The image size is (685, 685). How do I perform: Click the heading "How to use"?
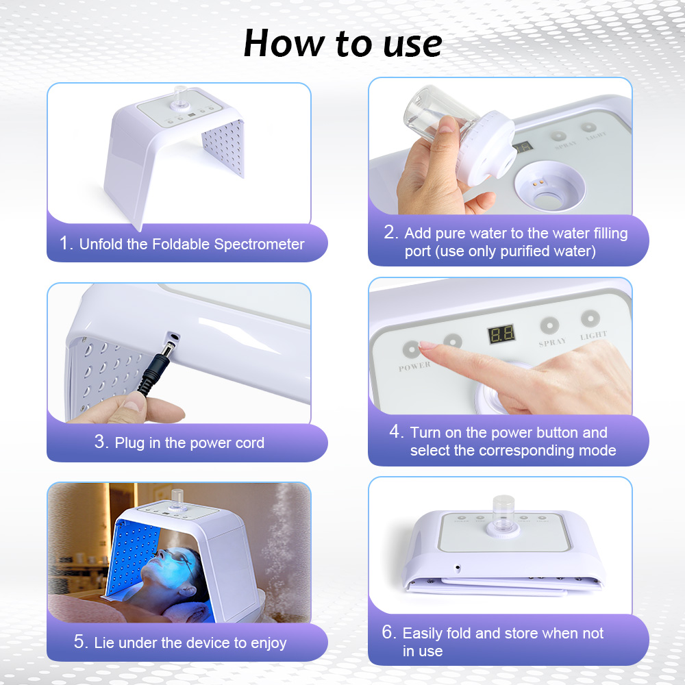coord(343,43)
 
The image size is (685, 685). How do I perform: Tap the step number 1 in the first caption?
coord(64,243)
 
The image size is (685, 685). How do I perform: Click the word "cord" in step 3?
coord(250,443)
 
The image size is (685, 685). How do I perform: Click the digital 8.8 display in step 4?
coord(501,334)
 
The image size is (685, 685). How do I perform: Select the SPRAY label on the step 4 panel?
coord(552,342)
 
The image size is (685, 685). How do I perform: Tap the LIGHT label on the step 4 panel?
coord(593,335)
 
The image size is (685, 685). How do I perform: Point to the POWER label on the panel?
coord(414,366)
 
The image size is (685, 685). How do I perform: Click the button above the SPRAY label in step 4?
coord(549,325)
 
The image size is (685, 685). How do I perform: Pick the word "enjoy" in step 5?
coord(269,643)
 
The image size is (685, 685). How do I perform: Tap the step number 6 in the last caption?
coord(388,632)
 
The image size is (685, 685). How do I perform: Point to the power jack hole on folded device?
coord(458,568)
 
